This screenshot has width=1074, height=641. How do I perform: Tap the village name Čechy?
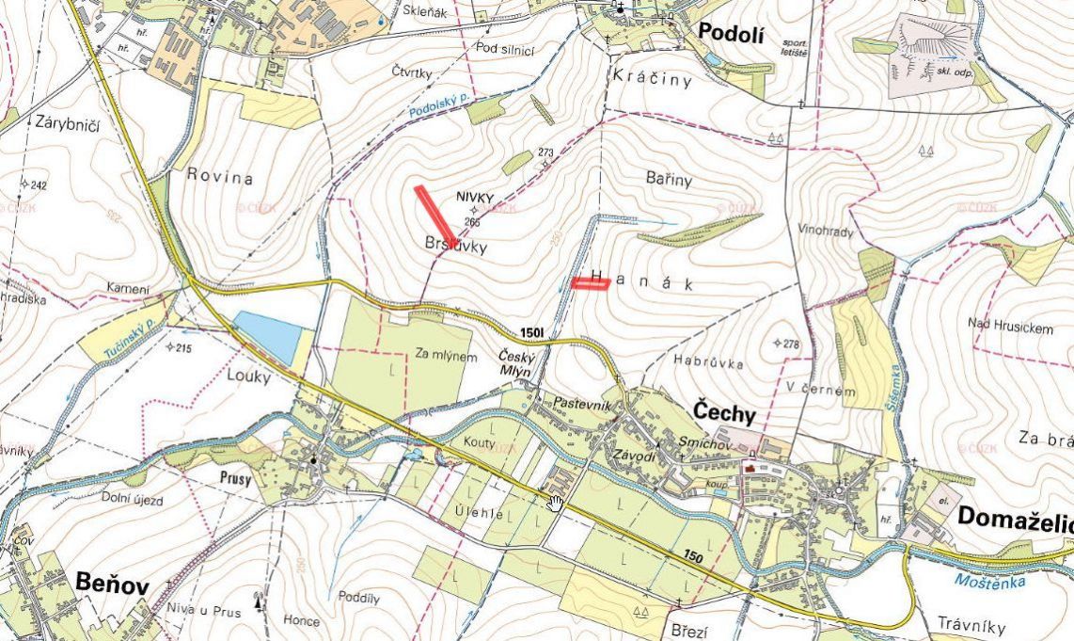(x=725, y=411)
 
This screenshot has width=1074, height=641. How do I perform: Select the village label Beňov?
(x=113, y=586)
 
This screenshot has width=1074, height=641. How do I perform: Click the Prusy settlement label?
(x=236, y=477)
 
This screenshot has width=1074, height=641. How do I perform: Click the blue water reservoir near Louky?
(x=272, y=333)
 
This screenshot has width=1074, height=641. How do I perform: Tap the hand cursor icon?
(x=555, y=503)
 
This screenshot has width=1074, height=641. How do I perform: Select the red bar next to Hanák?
(x=591, y=282)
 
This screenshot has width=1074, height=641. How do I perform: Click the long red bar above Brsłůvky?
(x=435, y=216)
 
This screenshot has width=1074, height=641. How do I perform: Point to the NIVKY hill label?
(x=475, y=196)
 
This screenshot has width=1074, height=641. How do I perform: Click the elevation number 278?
(x=791, y=345)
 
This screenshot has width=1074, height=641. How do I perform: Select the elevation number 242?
(x=37, y=185)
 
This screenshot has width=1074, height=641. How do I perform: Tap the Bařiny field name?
(x=669, y=178)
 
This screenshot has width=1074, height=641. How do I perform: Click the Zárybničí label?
(x=68, y=121)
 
